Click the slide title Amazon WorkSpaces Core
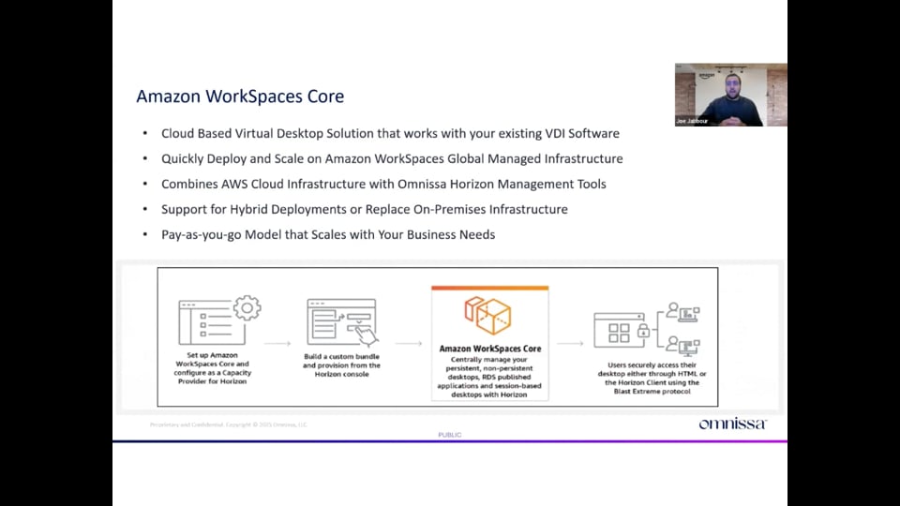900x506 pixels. click(240, 97)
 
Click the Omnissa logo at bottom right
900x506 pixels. click(732, 424)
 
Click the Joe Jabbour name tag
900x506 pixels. click(691, 121)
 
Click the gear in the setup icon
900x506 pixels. click(247, 307)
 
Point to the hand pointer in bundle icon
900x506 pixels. click(367, 335)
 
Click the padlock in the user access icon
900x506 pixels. click(643, 332)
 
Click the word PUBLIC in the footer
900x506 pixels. click(450, 435)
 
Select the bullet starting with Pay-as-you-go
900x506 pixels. click(328, 234)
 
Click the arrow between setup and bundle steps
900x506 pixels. click(277, 344)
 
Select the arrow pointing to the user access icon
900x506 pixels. click(571, 344)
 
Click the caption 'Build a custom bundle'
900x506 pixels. click(342, 357)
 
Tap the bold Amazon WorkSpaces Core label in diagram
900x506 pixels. click(488, 349)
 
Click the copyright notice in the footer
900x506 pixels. click(228, 424)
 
